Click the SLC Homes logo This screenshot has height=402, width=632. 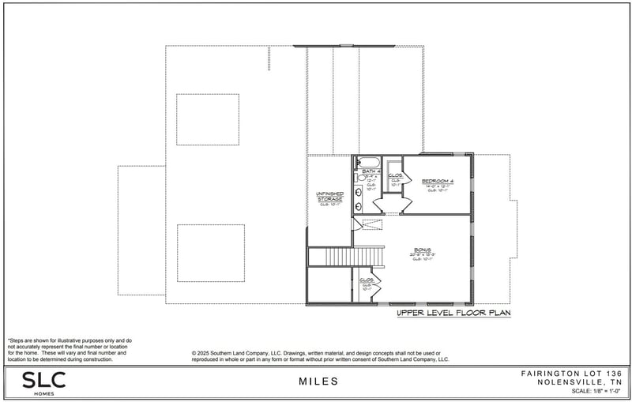point(43,382)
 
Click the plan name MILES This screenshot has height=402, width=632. point(318,381)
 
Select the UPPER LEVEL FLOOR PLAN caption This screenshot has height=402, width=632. point(453,314)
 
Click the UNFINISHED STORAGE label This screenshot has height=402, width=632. point(329,197)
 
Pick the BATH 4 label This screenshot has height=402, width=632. point(371,171)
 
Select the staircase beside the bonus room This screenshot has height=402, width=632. point(345,257)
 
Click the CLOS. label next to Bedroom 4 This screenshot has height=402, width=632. point(396,176)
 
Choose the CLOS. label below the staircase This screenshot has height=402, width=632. point(367,281)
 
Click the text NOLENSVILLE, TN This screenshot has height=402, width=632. point(584,381)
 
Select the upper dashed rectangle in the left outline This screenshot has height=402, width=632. point(208,119)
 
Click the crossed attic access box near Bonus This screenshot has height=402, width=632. point(372,224)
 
